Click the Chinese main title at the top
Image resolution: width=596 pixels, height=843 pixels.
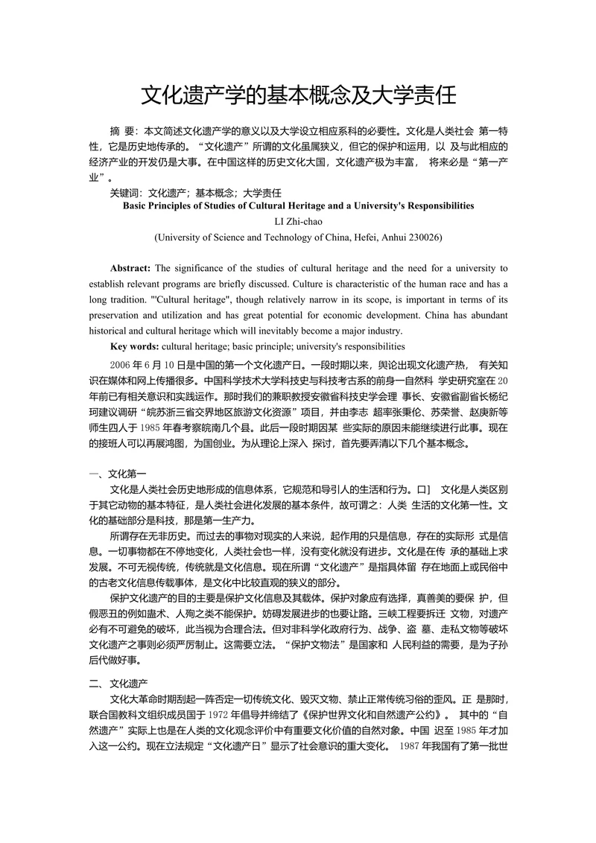point(298,95)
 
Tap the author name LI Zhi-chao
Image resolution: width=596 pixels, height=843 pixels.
point(298,220)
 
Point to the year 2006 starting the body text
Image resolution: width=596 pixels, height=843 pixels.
point(121,364)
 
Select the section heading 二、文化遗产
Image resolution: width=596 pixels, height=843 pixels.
point(119,682)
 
